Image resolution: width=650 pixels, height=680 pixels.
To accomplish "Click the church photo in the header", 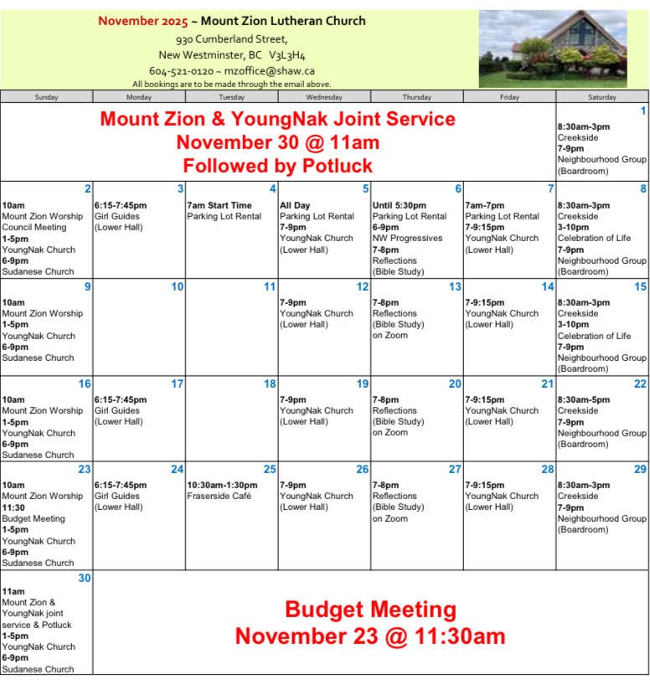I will click(x=553, y=49).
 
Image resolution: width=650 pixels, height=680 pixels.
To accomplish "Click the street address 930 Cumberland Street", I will click(x=232, y=39).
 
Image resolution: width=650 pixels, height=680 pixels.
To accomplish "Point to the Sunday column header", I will click(x=47, y=97).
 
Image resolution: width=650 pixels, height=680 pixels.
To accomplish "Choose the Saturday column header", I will click(x=602, y=97).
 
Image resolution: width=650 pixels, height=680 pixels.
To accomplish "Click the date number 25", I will click(x=270, y=470).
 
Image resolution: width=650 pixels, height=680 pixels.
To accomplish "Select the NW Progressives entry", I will click(x=407, y=238).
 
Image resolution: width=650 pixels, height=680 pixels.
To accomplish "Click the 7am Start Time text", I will click(x=219, y=205).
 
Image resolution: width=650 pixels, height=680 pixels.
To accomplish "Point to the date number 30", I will click(x=85, y=578).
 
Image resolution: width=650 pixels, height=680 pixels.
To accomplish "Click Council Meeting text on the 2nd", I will click(x=33, y=227).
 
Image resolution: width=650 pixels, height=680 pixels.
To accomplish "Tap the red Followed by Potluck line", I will click(x=277, y=165).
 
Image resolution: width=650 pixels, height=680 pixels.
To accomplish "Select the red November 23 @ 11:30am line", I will click(x=370, y=636).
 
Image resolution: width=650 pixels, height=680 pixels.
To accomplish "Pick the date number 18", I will click(x=270, y=384).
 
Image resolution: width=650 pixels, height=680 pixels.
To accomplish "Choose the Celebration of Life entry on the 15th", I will click(x=594, y=336).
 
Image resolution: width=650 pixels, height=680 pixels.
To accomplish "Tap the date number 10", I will click(x=177, y=287).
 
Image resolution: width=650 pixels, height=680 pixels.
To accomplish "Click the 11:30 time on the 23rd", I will click(x=13, y=507).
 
